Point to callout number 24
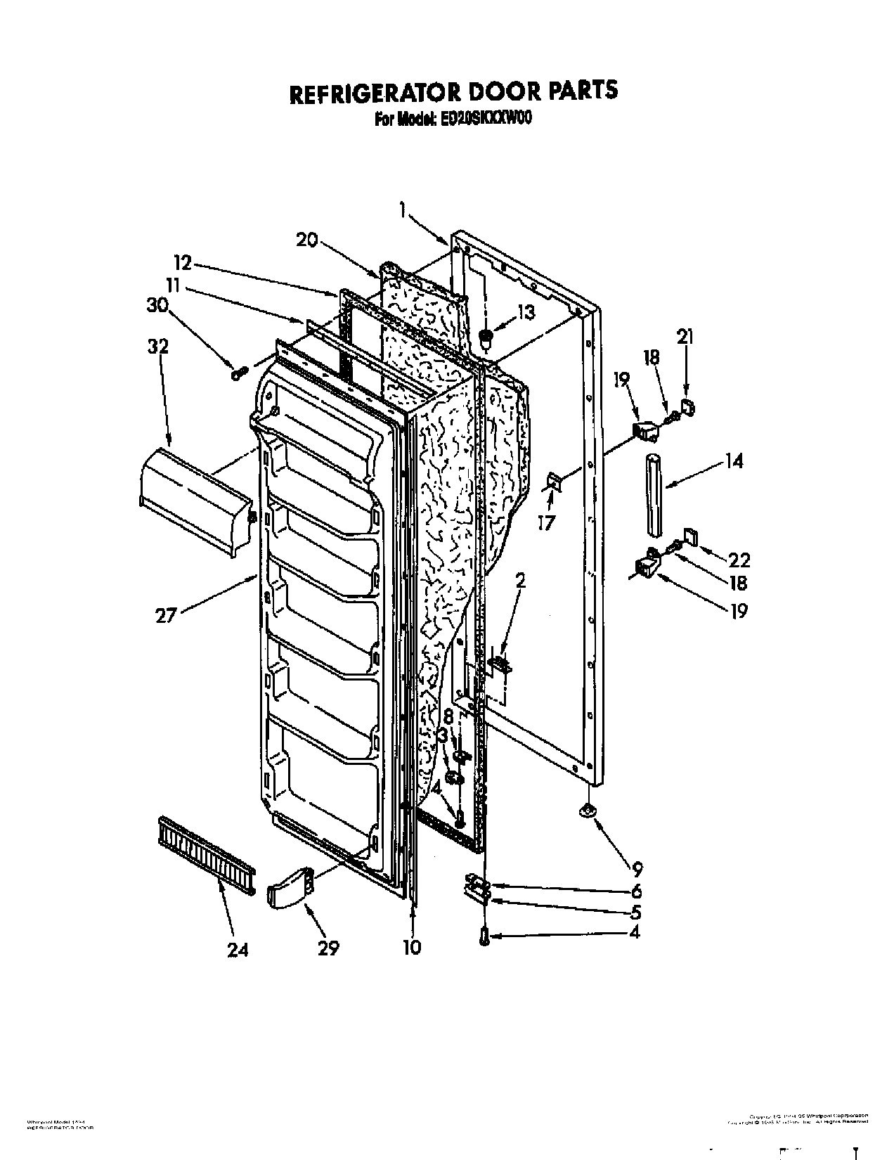point(238,950)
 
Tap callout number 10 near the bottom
point(412,947)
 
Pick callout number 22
point(739,560)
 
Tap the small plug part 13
point(485,339)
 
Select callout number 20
point(306,240)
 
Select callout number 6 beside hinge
point(636,891)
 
